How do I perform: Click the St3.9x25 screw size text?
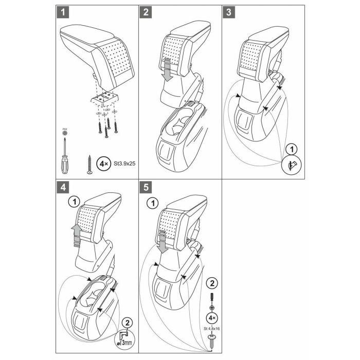[x=124, y=164]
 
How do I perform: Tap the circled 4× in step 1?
[x=103, y=164]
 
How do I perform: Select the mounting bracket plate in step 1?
[x=106, y=97]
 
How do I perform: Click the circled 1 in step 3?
[x=291, y=150]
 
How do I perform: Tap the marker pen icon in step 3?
[x=291, y=165]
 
